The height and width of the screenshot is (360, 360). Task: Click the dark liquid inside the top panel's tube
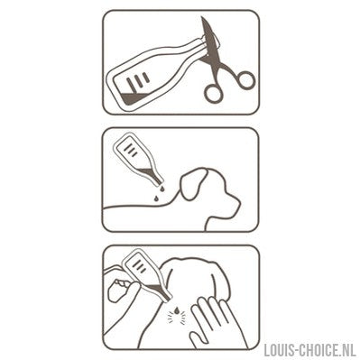(x=135, y=98)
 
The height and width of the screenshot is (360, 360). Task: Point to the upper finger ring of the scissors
(x=244, y=80)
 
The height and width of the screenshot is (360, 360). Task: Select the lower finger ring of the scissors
(x=214, y=93)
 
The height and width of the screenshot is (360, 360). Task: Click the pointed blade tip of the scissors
(x=202, y=18)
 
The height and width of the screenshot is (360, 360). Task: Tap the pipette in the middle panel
(x=141, y=160)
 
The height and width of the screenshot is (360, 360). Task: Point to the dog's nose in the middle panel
(x=237, y=203)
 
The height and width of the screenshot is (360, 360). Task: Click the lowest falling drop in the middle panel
(x=156, y=198)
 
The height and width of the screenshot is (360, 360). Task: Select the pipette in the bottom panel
(x=147, y=275)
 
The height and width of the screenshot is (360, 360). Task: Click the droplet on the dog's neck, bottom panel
(x=178, y=309)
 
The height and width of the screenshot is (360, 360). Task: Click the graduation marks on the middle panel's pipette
(x=131, y=150)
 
